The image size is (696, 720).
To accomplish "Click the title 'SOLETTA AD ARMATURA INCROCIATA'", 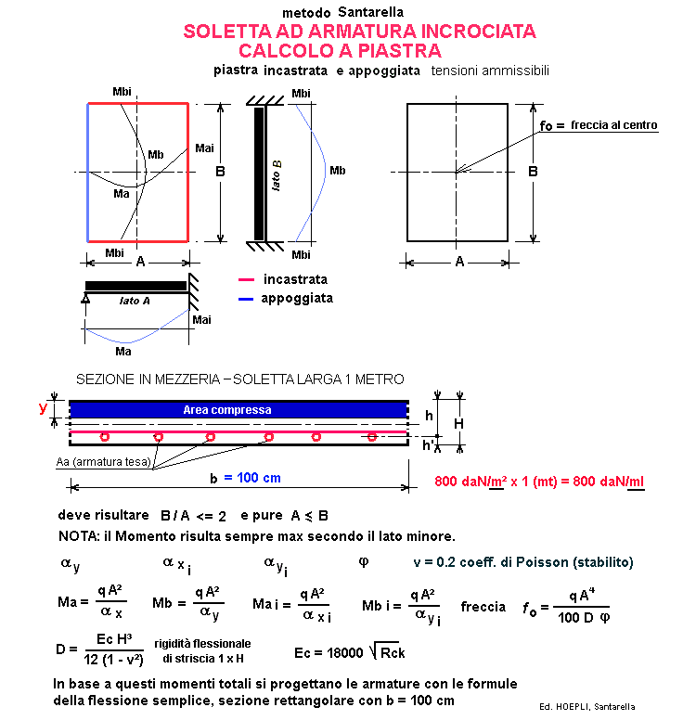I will (x=359, y=32).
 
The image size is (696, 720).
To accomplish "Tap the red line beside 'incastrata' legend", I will (x=246, y=279).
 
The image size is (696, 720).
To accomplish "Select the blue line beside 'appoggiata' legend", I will (x=246, y=299).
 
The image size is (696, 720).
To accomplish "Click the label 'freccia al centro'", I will (x=613, y=125).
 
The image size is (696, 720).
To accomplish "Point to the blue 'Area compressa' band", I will (x=239, y=409).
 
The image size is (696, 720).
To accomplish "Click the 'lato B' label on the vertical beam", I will (x=277, y=174).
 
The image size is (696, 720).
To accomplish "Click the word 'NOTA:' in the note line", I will (x=78, y=536).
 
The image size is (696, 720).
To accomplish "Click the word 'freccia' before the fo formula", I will (x=483, y=607).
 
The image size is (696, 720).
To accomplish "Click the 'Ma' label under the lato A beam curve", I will (x=122, y=351).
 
